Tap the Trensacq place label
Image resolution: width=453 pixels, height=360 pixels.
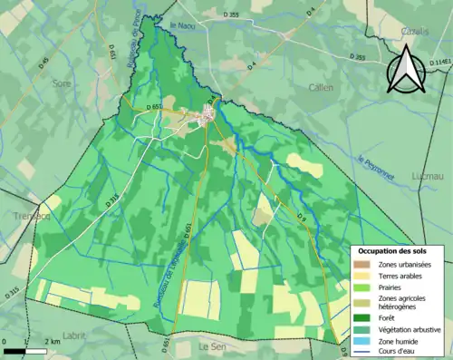coord(20,216)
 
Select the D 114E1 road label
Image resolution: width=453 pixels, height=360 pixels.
coord(438,62)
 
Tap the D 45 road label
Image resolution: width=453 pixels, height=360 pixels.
coord(45,62)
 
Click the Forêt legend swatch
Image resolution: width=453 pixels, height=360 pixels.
coord(364,317)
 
